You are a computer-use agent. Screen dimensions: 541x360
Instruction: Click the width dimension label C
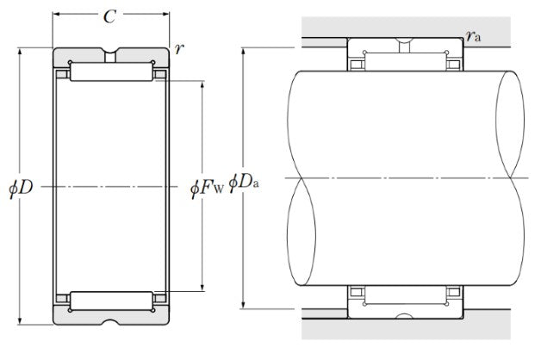(109, 16)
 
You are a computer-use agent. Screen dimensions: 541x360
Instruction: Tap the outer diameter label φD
(21, 188)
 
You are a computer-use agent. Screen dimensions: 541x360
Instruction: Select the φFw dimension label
(207, 188)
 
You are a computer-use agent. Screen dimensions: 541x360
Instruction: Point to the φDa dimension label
(244, 182)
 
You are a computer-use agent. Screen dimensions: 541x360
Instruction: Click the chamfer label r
(178, 49)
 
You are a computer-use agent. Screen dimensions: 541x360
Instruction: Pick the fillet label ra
(473, 35)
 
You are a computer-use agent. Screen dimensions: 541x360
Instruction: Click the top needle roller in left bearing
(111, 72)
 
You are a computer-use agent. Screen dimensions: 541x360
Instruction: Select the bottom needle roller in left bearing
(111, 301)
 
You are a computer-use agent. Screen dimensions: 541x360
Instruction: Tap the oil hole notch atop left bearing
(110, 55)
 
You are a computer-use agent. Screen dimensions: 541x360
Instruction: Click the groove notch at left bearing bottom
(111, 322)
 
